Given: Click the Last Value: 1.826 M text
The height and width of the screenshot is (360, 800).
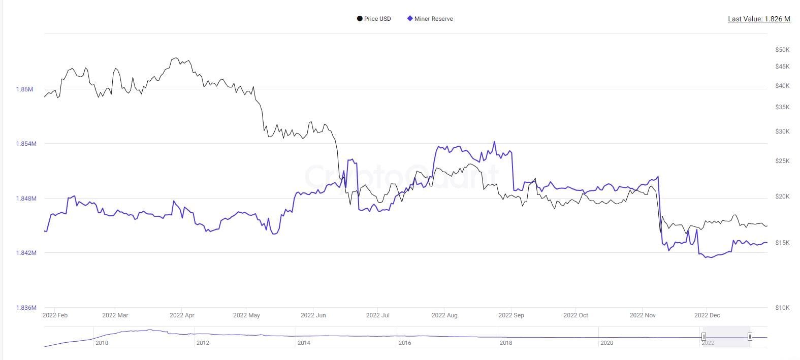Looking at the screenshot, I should point(759,19).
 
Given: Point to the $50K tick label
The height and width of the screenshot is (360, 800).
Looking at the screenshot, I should point(782,50).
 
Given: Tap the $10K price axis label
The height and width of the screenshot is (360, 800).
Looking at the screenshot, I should point(782,307).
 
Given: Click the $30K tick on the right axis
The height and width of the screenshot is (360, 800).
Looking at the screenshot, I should point(782,132).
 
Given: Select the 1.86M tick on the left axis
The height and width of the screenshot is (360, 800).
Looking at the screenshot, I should point(24,89).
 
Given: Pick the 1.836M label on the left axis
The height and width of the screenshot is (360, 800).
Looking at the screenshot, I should point(26,308).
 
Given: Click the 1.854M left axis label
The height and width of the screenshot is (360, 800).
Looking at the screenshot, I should point(26,144).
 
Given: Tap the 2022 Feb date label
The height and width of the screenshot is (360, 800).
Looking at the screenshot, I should point(55,315).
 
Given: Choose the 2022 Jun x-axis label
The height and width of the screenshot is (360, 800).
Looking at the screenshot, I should point(313,315).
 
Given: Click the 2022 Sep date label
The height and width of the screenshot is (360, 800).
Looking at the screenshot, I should point(511,315).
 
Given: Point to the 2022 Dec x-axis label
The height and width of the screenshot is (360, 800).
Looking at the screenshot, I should point(707,315).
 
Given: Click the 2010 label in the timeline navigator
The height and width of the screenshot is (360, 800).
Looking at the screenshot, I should point(102,343).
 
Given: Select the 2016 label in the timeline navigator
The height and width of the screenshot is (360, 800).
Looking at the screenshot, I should point(405,343).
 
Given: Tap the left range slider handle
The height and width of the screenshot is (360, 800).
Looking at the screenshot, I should point(703,337).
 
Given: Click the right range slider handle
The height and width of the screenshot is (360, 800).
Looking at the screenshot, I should point(750,337).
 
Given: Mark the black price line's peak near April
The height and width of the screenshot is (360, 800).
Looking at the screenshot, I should point(175,58).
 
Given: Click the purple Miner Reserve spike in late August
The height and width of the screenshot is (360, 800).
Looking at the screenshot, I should point(494,142).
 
